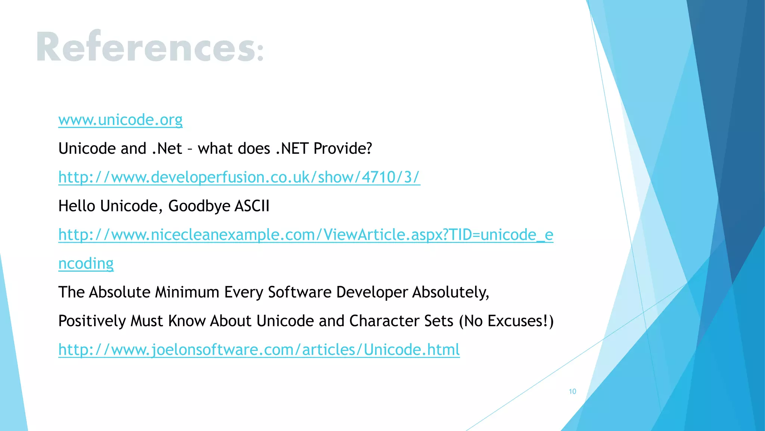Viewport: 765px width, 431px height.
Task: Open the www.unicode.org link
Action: (x=120, y=120)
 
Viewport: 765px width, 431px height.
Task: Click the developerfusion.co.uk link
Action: (x=239, y=177)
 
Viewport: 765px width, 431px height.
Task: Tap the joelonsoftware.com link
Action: (x=259, y=349)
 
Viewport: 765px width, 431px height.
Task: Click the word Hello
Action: (x=77, y=206)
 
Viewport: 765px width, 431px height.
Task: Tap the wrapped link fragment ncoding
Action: (x=86, y=263)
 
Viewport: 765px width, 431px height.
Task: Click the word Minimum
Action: (x=187, y=292)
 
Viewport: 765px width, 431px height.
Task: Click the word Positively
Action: (x=92, y=321)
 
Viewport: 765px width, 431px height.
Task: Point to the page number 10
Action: (x=572, y=391)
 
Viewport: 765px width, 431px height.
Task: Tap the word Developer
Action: (x=372, y=292)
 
